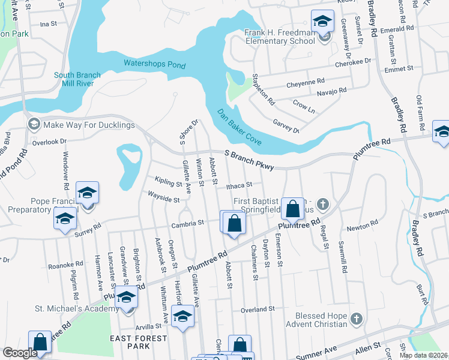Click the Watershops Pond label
(154, 64)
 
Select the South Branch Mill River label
(77, 79)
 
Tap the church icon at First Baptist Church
(323, 205)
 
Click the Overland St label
(258, 309)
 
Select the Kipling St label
(167, 181)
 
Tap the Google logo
(20, 353)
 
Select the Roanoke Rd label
(65, 265)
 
